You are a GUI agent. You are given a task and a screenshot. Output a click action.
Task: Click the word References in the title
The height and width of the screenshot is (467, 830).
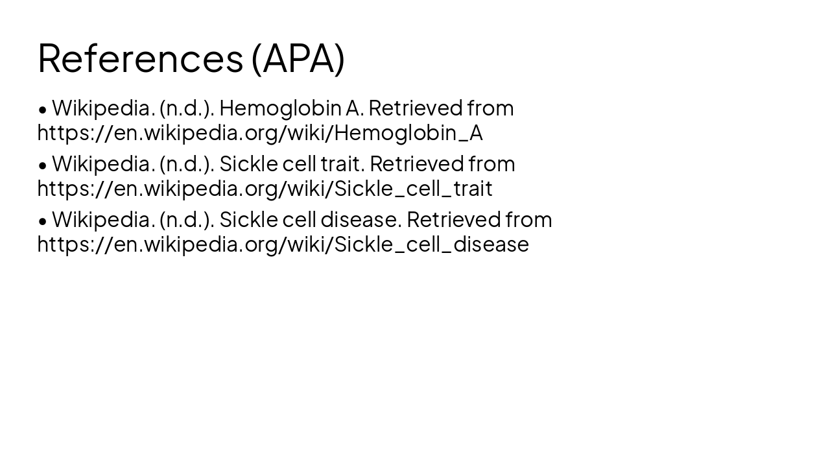(x=140, y=58)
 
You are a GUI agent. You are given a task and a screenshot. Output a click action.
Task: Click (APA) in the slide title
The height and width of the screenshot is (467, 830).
(x=298, y=58)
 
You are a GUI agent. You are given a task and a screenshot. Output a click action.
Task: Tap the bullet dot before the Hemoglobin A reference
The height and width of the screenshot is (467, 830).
(x=43, y=109)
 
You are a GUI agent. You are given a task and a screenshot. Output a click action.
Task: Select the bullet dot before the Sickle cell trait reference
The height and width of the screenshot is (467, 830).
(x=43, y=165)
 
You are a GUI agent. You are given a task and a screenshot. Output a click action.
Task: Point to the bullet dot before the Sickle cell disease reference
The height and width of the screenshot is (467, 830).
(x=43, y=221)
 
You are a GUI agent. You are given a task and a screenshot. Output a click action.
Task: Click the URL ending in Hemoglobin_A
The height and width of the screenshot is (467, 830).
(x=260, y=132)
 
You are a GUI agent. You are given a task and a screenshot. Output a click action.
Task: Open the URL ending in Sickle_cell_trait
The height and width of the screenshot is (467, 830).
(x=265, y=188)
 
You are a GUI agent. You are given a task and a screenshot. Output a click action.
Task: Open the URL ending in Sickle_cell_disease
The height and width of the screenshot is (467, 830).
(x=283, y=244)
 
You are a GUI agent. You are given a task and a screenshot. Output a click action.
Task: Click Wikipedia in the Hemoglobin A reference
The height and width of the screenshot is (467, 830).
(x=102, y=108)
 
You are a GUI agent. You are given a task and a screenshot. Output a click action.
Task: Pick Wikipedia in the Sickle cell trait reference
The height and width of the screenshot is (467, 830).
(x=102, y=163)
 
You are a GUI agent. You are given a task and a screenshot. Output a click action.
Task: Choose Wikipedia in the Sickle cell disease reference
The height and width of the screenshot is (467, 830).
(x=102, y=219)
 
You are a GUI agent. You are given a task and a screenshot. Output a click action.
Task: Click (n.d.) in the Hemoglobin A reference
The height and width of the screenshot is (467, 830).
(x=186, y=108)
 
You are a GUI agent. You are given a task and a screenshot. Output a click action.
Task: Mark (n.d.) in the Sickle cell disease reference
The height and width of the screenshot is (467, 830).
(x=186, y=219)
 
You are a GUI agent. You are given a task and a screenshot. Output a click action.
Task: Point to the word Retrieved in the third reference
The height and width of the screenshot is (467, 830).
(x=453, y=219)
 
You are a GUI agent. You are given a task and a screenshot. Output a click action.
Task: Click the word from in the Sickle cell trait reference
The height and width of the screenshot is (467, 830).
(x=492, y=163)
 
